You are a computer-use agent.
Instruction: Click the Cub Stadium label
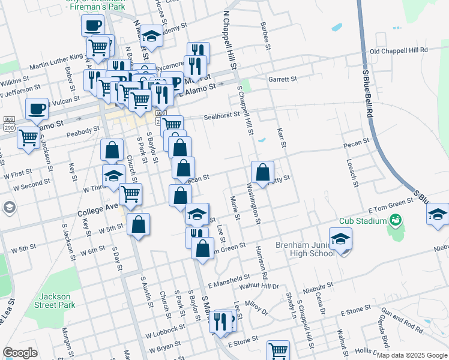(364, 221)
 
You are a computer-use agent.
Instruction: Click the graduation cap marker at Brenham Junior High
(341, 239)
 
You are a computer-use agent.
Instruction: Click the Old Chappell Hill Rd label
(399, 51)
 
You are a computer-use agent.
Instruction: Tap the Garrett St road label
(283, 79)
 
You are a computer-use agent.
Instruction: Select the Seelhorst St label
(226, 118)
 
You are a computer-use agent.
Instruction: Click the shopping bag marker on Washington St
(262, 172)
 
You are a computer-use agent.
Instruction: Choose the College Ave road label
(98, 210)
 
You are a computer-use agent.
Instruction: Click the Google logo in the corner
(20, 353)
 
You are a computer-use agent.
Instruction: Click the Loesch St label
(352, 173)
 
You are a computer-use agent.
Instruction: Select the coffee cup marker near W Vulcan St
(37, 109)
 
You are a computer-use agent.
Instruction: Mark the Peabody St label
(83, 130)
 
